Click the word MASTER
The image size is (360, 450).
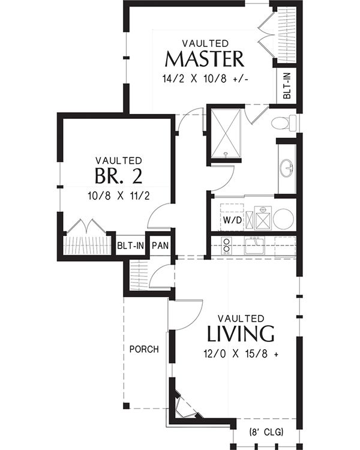pos(205,59)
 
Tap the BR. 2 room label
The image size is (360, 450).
pos(118,175)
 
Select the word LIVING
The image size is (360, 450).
pos(241,334)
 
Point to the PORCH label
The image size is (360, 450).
pos(144,349)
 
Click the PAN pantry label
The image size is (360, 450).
pos(160,245)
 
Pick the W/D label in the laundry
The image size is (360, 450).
pos(233,220)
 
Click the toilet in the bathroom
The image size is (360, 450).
pos(284,123)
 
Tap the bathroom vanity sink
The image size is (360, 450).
pos(287,168)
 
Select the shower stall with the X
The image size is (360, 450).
pos(226,133)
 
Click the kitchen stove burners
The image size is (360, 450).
pos(227,246)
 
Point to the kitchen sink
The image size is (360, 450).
pos(254,245)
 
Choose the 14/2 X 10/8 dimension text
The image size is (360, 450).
pos(205,79)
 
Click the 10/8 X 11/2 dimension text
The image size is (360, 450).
pos(119,196)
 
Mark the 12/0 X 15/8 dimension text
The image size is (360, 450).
pos(241,353)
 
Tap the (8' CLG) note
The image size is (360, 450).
pos(266,431)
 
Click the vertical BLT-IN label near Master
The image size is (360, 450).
pos(287,86)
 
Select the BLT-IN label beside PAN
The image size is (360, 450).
pos(131,245)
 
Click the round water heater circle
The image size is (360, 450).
pos(283,218)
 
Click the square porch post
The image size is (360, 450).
pos(127,406)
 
